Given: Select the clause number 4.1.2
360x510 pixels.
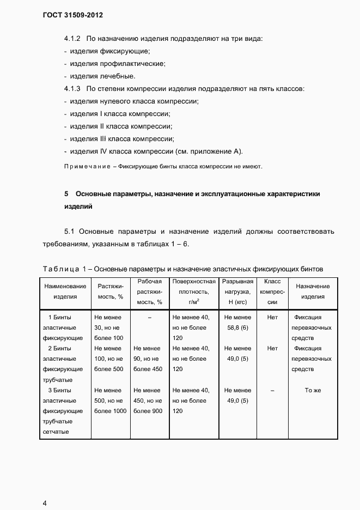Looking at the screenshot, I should pyautogui.click(x=72, y=39).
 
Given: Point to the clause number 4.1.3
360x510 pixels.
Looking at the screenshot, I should pyautogui.click(x=72, y=88).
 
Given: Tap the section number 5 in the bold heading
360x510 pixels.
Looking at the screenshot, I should pyautogui.click(x=66, y=194).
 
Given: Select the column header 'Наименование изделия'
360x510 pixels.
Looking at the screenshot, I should pyautogui.click(x=65, y=292).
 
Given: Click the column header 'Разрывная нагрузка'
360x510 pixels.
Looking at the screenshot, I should pyautogui.click(x=238, y=292).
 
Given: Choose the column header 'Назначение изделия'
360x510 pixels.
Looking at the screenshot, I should pyautogui.click(x=313, y=292).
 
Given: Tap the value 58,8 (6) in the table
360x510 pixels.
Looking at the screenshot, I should pyautogui.click(x=238, y=328).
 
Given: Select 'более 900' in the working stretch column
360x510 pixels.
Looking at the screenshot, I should pyautogui.click(x=148, y=411).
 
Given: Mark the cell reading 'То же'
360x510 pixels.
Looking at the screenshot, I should pyautogui.click(x=313, y=391).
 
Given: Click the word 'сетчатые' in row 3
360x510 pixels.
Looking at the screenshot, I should pyautogui.click(x=56, y=432).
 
